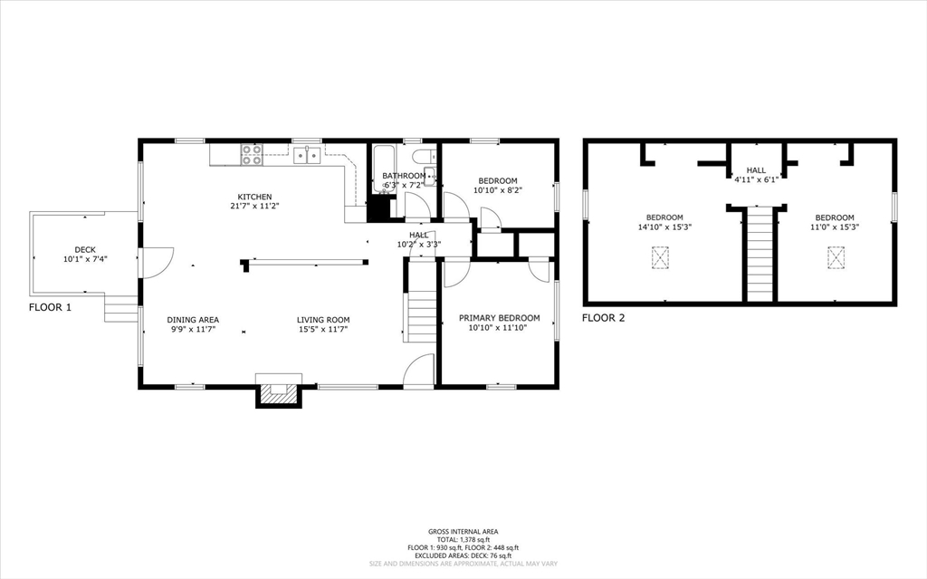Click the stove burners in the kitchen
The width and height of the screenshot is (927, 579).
point(251,155)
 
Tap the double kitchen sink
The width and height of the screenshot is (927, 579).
point(307,155)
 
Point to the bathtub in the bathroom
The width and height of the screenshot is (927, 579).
point(384,169)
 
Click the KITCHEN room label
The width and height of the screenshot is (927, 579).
point(254,197)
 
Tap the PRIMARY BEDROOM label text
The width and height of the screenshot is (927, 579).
point(499,318)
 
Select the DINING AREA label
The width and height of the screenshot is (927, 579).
point(193,320)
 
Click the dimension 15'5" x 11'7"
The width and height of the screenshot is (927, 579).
point(323,329)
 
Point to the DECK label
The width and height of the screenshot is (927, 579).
point(85,250)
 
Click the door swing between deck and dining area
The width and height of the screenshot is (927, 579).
point(156,262)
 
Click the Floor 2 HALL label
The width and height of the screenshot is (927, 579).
point(756,170)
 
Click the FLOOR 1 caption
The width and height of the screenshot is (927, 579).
point(50,307)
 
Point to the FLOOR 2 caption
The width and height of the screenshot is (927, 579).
point(603,318)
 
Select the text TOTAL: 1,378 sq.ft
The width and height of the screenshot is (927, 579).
point(463,539)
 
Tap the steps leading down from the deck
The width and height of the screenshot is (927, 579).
point(120,310)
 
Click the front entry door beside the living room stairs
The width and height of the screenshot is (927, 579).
point(418,372)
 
